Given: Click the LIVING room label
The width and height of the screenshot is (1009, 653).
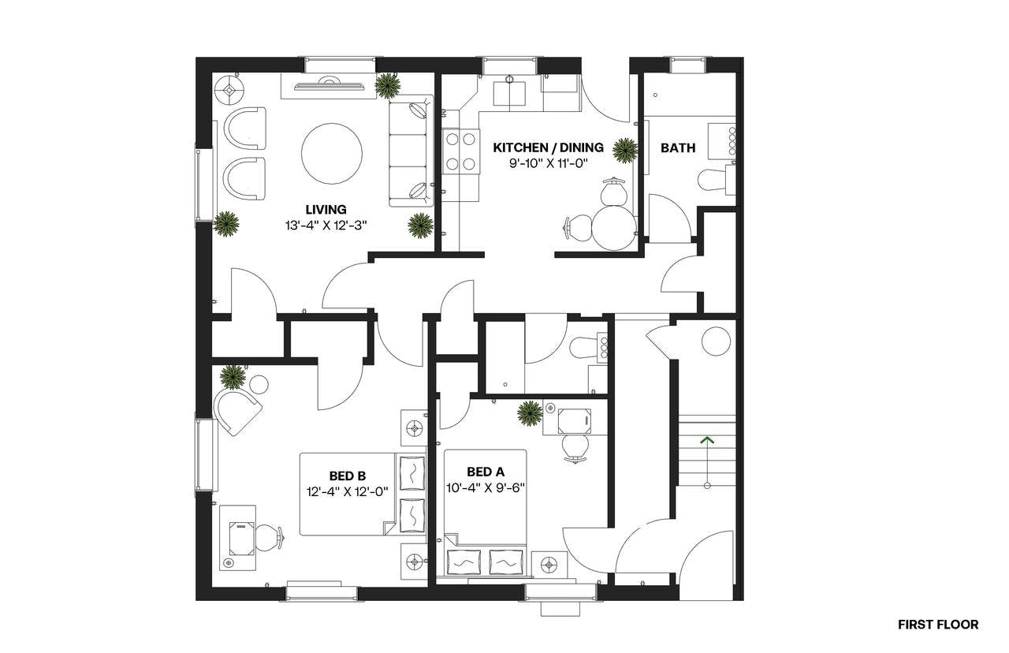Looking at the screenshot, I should [326, 210].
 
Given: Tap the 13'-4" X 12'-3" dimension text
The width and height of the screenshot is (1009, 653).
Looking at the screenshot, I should [326, 225].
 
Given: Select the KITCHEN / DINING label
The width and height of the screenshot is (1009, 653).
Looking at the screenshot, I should [548, 147].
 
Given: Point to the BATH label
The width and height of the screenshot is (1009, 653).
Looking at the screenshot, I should [678, 147].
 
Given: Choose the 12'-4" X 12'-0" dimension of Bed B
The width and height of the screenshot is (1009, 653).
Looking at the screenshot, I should [348, 491].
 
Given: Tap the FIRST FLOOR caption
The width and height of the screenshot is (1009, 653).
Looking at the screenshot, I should [938, 625].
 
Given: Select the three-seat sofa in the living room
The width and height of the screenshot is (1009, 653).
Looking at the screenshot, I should [410, 152].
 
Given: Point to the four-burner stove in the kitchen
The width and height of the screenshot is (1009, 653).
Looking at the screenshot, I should [460, 151].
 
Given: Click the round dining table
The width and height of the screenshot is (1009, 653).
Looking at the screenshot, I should [615, 228].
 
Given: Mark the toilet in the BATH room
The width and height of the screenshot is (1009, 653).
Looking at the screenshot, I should [713, 180].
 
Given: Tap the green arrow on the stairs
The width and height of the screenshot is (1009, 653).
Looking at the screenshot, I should [707, 440].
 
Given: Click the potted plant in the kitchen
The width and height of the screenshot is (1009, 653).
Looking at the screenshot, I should [625, 150].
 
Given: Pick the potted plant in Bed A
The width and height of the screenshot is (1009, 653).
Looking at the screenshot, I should [530, 413].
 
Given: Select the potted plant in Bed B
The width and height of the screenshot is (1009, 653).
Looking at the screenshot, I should [233, 377].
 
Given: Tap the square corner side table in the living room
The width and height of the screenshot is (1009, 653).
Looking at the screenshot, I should [230, 90].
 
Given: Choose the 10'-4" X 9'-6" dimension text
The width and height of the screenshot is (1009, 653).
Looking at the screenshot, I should [486, 487].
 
